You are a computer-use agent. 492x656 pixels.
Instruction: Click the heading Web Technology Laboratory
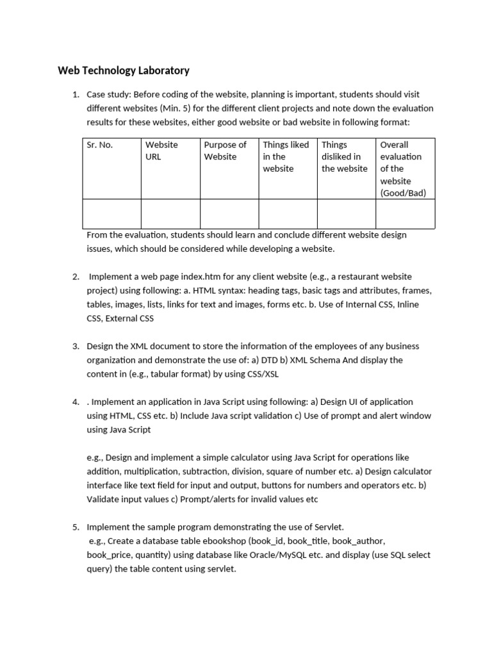[x=124, y=70]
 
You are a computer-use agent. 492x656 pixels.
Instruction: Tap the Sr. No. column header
[x=100, y=145]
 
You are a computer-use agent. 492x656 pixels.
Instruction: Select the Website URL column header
[x=161, y=151]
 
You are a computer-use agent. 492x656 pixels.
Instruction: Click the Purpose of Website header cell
[x=225, y=151]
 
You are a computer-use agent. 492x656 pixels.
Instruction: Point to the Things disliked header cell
[x=344, y=156]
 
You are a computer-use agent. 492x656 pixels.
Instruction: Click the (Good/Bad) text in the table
[x=403, y=193]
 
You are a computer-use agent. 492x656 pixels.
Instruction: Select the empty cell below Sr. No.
[x=111, y=213]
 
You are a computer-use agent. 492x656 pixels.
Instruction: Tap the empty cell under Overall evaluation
[x=405, y=213]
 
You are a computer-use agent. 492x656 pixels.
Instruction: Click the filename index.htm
[x=210, y=277]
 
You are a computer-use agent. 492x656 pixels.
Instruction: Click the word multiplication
[x=149, y=471]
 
